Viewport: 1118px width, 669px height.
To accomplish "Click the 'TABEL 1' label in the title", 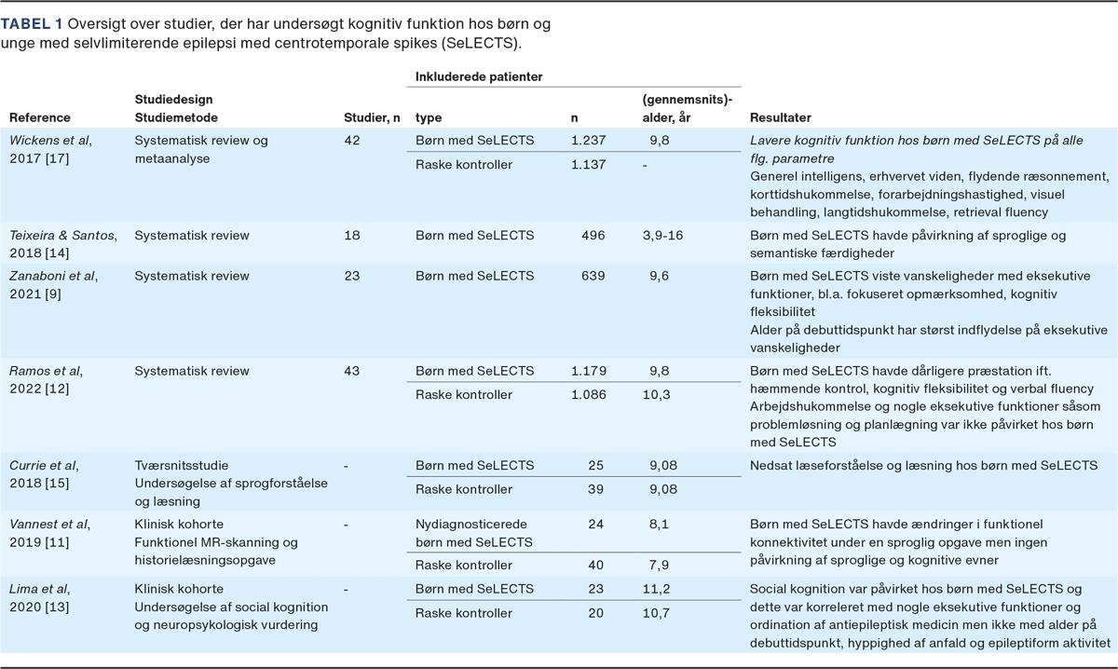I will (30, 22).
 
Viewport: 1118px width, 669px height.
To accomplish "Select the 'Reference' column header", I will (39, 118).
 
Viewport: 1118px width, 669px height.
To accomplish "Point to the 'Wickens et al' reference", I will (50, 141).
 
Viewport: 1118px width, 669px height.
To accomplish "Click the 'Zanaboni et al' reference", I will (53, 276).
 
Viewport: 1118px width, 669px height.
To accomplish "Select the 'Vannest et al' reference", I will (51, 525).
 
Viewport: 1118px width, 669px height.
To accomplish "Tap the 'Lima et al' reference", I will (39, 589).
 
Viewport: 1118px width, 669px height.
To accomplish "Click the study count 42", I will (353, 141).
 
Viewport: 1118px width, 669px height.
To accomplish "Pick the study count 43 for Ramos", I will (353, 371).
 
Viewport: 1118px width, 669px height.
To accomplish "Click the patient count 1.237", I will (588, 141).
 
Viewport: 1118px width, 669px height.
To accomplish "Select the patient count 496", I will (593, 236).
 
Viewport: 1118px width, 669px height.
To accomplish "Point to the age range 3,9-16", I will (662, 236).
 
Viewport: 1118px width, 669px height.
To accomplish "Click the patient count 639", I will (593, 276).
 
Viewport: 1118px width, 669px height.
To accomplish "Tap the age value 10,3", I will (659, 395).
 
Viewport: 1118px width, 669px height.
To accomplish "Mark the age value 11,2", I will (659, 589).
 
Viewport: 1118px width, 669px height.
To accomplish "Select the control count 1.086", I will (588, 395).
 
